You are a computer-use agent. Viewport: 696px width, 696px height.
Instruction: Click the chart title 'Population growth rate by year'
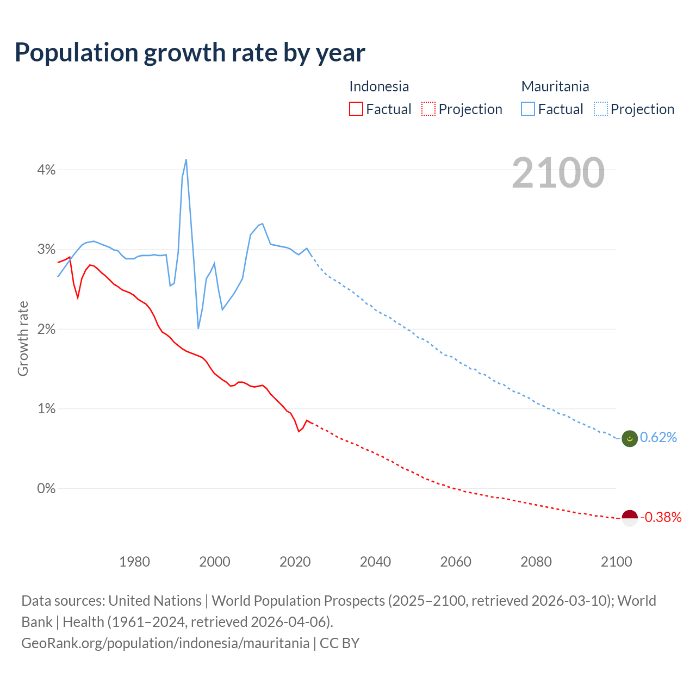[x=190, y=53]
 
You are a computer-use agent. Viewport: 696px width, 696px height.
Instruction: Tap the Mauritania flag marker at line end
[x=629, y=438]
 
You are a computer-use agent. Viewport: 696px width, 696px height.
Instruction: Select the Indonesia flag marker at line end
[x=629, y=518]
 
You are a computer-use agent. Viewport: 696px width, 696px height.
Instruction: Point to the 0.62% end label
[x=658, y=438]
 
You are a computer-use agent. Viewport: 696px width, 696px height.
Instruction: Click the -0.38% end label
[x=661, y=517]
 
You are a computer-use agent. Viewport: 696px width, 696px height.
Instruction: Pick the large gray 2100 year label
[x=558, y=173]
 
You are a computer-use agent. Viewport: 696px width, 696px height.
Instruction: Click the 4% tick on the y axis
[x=46, y=170]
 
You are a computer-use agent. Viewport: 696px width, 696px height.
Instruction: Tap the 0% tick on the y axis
[x=46, y=488]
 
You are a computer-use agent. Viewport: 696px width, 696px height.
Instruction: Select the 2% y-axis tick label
[x=46, y=330]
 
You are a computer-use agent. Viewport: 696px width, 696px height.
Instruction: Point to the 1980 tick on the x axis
[x=134, y=562]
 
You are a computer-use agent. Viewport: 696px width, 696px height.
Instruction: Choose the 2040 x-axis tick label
[x=375, y=562]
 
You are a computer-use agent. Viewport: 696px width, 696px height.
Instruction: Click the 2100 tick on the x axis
[x=616, y=562]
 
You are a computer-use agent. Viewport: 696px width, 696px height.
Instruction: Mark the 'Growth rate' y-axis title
[x=23, y=338]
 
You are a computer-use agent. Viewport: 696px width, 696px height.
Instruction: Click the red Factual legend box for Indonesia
[x=356, y=109]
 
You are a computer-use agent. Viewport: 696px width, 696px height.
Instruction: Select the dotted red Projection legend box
[x=428, y=109]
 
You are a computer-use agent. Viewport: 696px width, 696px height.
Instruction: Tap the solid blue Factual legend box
[x=528, y=109]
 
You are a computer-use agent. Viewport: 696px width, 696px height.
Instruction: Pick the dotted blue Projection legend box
[x=600, y=109]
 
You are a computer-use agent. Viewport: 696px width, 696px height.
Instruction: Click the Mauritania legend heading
[x=555, y=86]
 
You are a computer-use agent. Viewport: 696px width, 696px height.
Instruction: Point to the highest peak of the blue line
[x=186, y=159]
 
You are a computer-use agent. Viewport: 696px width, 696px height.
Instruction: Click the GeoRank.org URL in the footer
[x=165, y=643]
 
